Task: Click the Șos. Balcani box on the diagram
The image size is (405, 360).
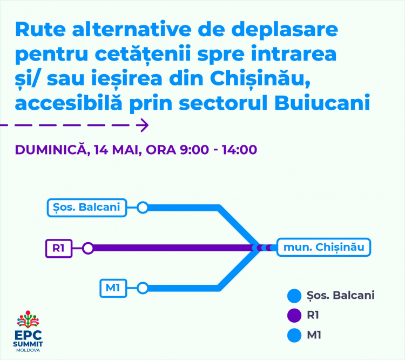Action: tap(87, 208)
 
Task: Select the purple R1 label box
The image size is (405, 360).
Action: tap(59, 248)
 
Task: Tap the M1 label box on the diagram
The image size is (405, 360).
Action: tap(113, 288)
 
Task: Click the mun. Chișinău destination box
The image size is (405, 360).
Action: tap(323, 247)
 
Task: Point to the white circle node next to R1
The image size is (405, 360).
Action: tap(88, 248)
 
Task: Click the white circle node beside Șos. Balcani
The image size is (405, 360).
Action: tap(143, 208)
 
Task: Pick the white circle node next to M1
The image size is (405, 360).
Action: tap(143, 288)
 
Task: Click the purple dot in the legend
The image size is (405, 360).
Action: tap(294, 316)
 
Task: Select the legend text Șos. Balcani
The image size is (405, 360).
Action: tap(340, 296)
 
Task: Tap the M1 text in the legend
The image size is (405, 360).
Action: tap(314, 336)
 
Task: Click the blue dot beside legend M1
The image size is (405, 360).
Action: tap(294, 336)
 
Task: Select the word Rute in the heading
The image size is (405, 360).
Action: tap(40, 29)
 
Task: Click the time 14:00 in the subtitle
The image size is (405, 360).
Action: tap(239, 150)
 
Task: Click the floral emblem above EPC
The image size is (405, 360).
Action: tap(28, 319)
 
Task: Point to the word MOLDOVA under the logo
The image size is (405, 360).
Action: tap(28, 350)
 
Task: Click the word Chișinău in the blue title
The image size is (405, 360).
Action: tap(260, 78)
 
